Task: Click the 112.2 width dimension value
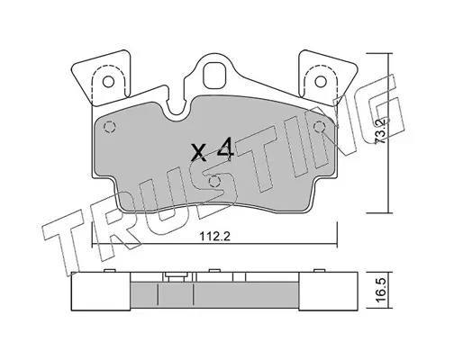[215, 237]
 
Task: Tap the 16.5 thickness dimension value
[381, 290]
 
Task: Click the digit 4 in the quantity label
[225, 148]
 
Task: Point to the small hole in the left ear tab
[108, 82]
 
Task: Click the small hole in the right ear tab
[321, 81]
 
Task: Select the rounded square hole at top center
[214, 75]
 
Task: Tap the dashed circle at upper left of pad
[110, 128]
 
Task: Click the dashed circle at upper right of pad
[320, 127]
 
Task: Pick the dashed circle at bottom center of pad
[214, 182]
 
